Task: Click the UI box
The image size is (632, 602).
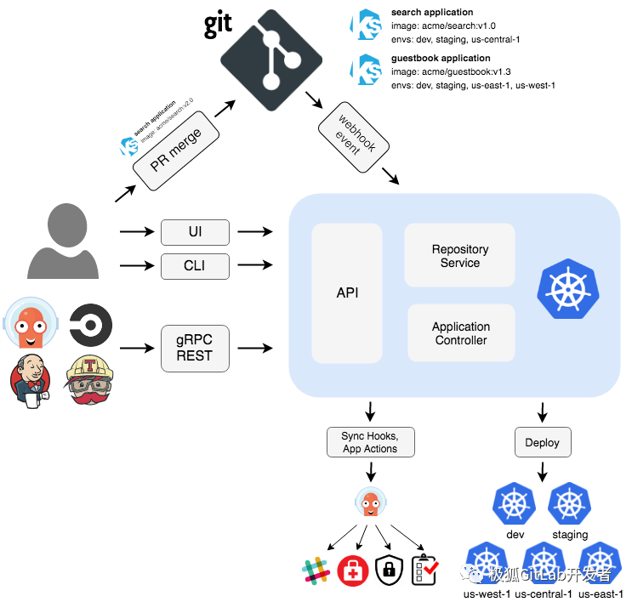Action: click(195, 231)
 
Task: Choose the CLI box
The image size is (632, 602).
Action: click(195, 266)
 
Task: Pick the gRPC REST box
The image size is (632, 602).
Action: click(195, 348)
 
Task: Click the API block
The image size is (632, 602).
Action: click(347, 292)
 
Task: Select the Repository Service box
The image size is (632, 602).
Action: click(459, 256)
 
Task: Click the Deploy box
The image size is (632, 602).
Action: click(542, 442)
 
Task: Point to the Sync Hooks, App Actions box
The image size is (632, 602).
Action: click(370, 442)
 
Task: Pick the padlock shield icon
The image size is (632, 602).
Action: click(388, 570)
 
